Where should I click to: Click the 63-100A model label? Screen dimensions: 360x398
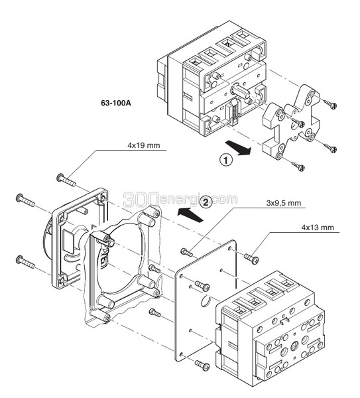(x=116, y=103)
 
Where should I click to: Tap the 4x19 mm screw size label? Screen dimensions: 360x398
(x=144, y=145)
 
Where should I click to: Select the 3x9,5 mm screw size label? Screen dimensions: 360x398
(x=284, y=203)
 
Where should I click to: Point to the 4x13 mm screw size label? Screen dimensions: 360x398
(x=318, y=228)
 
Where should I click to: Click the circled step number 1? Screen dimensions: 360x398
(x=225, y=161)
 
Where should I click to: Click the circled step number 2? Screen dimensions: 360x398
(x=206, y=202)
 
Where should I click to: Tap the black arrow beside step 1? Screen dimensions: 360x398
(x=238, y=148)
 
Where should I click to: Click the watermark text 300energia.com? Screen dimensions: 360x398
(x=180, y=200)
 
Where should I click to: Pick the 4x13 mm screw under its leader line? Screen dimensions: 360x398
(x=251, y=258)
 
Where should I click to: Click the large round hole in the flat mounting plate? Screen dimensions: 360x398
(x=206, y=300)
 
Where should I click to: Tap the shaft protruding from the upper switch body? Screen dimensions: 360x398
(x=239, y=92)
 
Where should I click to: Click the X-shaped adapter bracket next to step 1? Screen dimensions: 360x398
(x=291, y=122)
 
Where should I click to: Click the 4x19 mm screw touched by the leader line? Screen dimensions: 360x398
(x=66, y=180)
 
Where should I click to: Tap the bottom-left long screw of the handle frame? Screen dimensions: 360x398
(x=26, y=263)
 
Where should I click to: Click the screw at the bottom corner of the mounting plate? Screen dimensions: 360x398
(x=202, y=365)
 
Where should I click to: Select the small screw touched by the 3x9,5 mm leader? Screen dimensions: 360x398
(x=186, y=253)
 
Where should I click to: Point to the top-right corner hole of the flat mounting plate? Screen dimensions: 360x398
(x=229, y=249)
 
